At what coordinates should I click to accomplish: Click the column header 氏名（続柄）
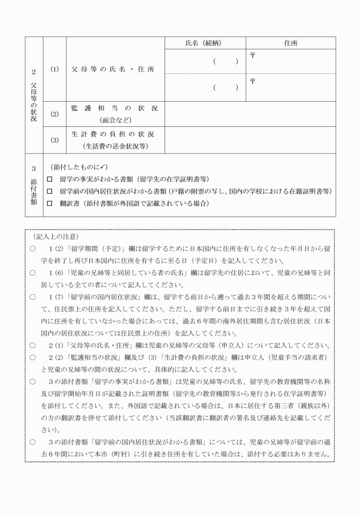click(204, 43)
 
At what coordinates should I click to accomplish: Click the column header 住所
click(290, 43)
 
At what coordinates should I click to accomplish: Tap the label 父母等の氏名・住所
click(113, 69)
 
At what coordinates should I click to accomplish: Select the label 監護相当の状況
click(114, 108)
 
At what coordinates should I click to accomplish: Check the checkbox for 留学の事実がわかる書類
click(50, 178)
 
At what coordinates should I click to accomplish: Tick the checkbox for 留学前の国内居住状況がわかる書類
click(50, 191)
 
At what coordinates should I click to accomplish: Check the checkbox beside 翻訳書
click(50, 203)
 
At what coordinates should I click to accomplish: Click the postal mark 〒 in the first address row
click(253, 55)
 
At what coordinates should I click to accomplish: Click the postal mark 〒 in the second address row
click(253, 81)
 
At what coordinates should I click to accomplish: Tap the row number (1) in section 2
click(55, 69)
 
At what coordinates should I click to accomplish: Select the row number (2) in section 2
click(55, 114)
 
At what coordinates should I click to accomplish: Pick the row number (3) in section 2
click(55, 140)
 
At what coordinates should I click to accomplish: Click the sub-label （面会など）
click(115, 120)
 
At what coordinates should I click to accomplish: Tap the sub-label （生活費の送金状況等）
click(115, 146)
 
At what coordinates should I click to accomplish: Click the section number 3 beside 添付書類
click(34, 169)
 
